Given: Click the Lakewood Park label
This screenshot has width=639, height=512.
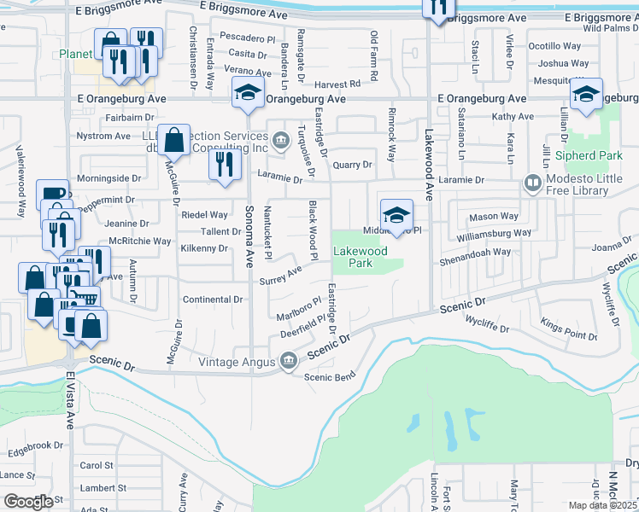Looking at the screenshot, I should pyautogui.click(x=360, y=257).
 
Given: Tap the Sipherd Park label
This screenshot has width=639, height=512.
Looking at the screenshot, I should pyautogui.click(x=589, y=156).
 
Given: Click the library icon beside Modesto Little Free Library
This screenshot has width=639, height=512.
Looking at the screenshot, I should pyautogui.click(x=533, y=183).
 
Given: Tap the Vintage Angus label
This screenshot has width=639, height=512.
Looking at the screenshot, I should pyautogui.click(x=238, y=362).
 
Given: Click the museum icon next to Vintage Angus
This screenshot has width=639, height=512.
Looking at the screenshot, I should pyautogui.click(x=289, y=362).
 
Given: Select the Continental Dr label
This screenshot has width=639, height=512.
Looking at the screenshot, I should pyautogui.click(x=214, y=300).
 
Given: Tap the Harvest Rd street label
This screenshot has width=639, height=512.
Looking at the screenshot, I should pyautogui.click(x=337, y=84).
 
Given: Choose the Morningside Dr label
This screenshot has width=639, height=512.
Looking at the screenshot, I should pyautogui.click(x=109, y=177).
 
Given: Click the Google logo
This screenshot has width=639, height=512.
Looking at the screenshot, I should pyautogui.click(x=28, y=502).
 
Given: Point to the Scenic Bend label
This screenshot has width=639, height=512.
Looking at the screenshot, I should pyautogui.click(x=329, y=377).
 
